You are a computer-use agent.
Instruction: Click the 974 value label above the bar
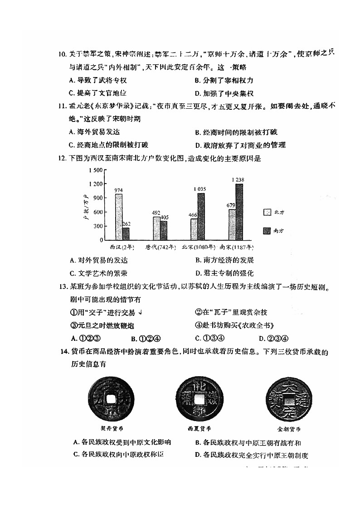tap(119, 190)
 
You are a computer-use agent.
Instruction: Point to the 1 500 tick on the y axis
tap(96, 170)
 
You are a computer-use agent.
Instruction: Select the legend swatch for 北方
tap(267, 212)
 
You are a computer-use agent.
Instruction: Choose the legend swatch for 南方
tap(267, 231)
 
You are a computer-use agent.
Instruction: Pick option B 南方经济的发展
tap(224, 260)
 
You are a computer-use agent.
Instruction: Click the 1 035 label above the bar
tap(199, 189)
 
